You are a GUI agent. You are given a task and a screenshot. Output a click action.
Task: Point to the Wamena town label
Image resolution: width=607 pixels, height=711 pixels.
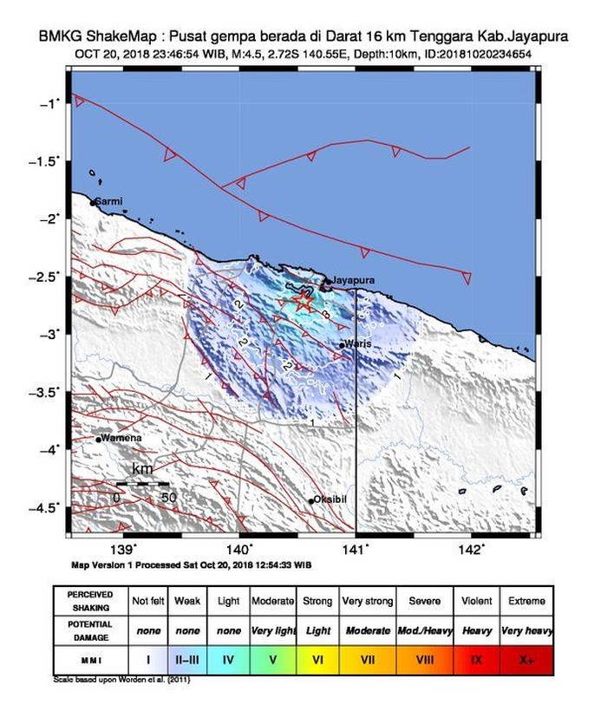click(x=121, y=438)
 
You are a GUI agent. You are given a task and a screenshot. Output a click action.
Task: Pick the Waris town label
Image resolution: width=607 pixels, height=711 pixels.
click(x=357, y=344)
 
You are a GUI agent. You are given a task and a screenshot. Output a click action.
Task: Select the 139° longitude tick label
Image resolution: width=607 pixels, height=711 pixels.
click(x=124, y=548)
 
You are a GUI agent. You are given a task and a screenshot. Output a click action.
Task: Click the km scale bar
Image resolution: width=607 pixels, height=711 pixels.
click(x=142, y=483)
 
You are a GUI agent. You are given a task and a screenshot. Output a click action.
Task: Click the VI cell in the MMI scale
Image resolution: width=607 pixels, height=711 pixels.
click(x=318, y=660)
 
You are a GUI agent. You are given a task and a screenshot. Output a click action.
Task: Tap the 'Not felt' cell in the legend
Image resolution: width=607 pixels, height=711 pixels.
click(x=146, y=601)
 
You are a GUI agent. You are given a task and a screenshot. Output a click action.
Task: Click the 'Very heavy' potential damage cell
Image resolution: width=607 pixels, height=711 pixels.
click(x=527, y=630)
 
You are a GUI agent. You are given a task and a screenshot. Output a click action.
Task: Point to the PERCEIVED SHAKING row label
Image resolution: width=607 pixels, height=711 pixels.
click(x=90, y=601)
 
